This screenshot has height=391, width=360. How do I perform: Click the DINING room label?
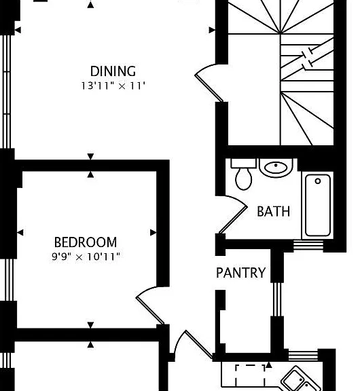click(113, 71)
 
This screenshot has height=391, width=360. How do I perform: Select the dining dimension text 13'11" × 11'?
click(113, 86)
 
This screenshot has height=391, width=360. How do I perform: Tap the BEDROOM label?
click(86, 242)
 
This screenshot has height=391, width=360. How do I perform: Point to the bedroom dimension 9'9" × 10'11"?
click(86, 257)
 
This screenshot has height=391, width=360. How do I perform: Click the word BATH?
click(274, 212)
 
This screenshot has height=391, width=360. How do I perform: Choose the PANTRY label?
click(240, 273)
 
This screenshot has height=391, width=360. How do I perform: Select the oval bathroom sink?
click(276, 168)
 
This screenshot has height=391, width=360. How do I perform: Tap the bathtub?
click(318, 205)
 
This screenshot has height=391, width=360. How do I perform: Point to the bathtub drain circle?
click(318, 181)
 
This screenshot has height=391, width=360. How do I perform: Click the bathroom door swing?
click(232, 214)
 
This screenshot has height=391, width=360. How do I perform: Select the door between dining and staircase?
click(209, 83)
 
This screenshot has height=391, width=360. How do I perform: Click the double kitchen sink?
click(300, 379)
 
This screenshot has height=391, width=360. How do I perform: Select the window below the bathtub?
click(308, 244)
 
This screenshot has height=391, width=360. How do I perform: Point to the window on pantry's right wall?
click(277, 299)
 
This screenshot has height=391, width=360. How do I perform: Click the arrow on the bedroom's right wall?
click(154, 233)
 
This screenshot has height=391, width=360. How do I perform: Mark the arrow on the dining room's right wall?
click(212, 30)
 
